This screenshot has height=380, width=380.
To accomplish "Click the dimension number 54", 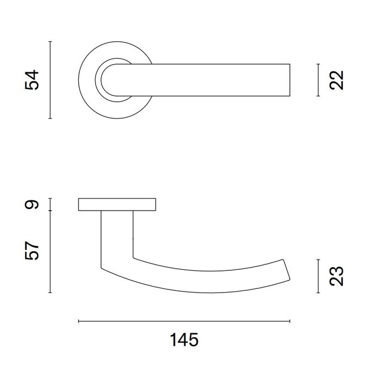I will click(x=33, y=80).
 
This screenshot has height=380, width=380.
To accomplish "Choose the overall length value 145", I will click(x=183, y=340).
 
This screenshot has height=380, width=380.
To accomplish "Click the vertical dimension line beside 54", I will click(x=50, y=80).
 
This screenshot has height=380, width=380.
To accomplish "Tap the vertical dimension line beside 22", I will click(x=318, y=80).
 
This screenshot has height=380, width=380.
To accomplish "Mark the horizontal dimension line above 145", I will click(x=183, y=321).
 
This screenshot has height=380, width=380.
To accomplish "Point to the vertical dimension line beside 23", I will click(x=318, y=276).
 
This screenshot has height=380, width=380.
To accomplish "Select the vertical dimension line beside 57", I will click(x=50, y=251).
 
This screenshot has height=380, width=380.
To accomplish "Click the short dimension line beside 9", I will click(x=50, y=204).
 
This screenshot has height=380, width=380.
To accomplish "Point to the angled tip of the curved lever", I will click(x=285, y=271).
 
